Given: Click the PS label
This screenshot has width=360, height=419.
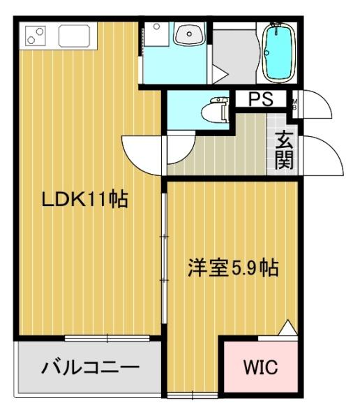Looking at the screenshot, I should (259, 100).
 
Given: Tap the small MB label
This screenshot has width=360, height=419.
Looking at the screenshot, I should (295, 103).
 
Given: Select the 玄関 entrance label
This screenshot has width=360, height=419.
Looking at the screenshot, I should (284, 151).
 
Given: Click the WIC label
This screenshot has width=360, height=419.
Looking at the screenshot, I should (260, 366).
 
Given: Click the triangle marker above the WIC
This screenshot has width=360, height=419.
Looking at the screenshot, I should (286, 327).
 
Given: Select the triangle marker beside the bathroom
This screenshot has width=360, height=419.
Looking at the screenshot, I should (220, 73).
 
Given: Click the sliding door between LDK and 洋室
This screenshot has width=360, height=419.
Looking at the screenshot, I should (165, 258).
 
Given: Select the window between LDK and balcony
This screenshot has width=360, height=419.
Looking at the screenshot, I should (107, 339).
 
